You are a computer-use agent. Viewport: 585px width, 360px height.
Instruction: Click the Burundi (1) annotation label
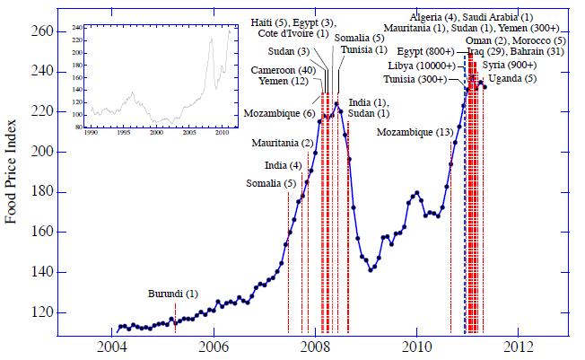pyautogui.click(x=173, y=294)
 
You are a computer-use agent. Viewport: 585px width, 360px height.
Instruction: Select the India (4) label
pyautogui.click(x=283, y=165)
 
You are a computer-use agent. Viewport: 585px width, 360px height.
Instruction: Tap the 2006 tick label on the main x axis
pyautogui.click(x=213, y=347)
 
